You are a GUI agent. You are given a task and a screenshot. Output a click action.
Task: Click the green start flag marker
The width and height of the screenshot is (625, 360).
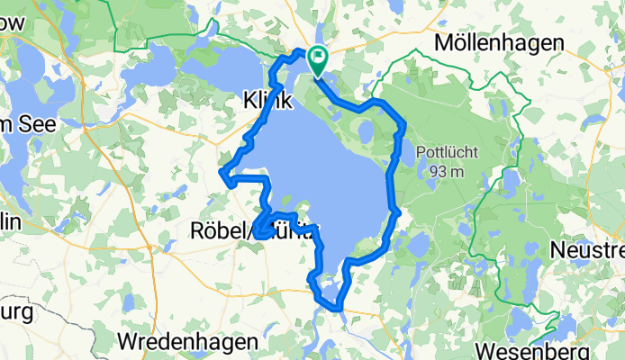coord(318,60)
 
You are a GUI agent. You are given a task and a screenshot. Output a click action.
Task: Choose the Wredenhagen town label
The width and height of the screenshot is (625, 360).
coord(187,342)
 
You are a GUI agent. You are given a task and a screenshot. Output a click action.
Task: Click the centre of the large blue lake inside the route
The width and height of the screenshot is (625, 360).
coord(324,171)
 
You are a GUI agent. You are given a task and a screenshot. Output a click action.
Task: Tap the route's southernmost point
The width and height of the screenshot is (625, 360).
coord(338,309)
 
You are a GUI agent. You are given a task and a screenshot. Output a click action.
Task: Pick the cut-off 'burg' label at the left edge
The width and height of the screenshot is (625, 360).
coord(16,313)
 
